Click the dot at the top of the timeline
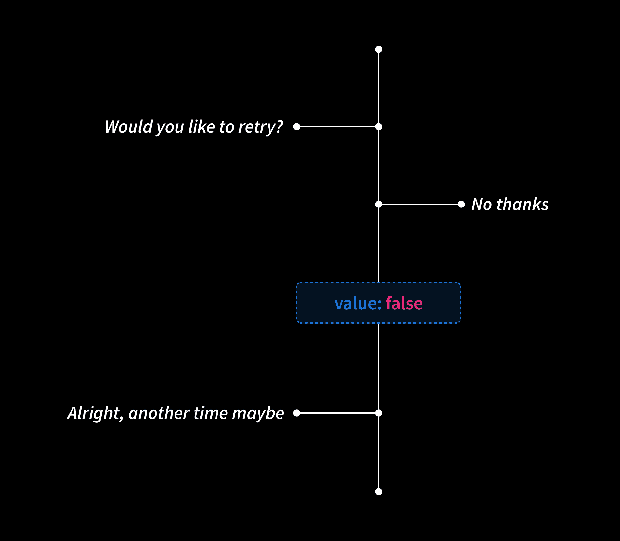point(379,49)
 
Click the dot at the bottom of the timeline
point(379,492)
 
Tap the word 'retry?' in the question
point(261,127)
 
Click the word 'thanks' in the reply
point(522,204)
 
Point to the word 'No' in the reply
point(482,204)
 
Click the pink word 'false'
point(404,303)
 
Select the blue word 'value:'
point(358,303)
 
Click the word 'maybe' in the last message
point(258,413)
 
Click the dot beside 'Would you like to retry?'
point(297,127)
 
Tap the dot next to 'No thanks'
point(461,204)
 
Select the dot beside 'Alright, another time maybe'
point(297,413)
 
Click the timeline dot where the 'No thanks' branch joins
point(379,204)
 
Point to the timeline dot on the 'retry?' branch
point(379,127)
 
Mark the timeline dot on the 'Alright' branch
point(379,413)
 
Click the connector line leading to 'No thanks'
point(420,204)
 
